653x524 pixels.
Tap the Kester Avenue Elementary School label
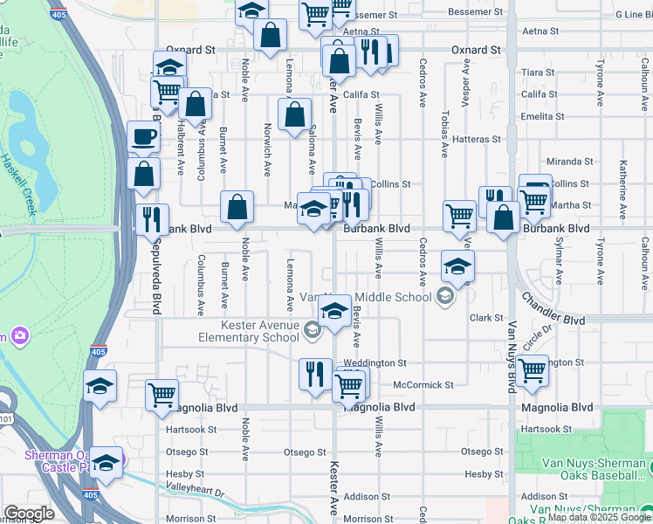[x=259, y=332]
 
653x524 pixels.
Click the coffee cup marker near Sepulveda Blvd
[x=143, y=137]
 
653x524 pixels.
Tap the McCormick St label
[x=423, y=384]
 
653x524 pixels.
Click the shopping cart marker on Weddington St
[x=532, y=370]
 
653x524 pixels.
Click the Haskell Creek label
[x=17, y=184]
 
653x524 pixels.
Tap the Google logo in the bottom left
[x=29, y=514]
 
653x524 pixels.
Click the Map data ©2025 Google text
[x=599, y=518]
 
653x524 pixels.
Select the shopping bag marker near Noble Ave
[x=237, y=207]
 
